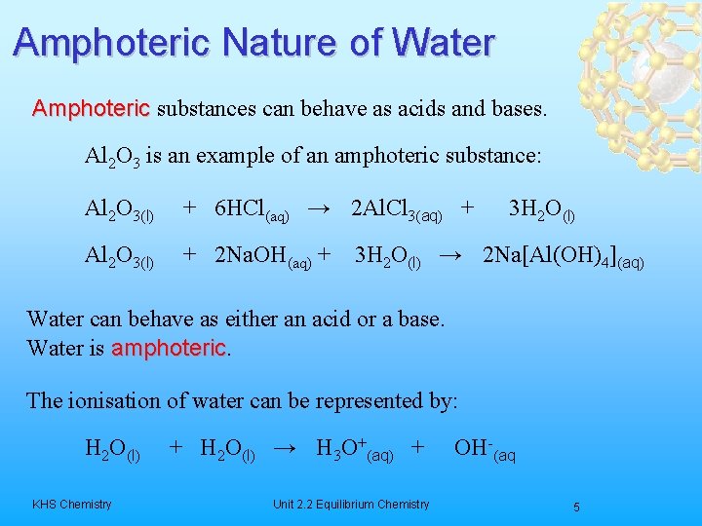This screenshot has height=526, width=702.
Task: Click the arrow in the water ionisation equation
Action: [x=285, y=449]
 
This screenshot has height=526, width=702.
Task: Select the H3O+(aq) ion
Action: [x=355, y=450]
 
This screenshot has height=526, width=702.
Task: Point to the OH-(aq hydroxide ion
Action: [x=484, y=450]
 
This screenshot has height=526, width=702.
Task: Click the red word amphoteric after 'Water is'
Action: [x=170, y=348]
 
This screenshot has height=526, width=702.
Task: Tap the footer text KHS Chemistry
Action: [x=71, y=504]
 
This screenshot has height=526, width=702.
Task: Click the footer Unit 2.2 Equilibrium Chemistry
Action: [x=351, y=504]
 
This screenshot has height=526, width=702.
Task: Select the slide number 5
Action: [x=576, y=507]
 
